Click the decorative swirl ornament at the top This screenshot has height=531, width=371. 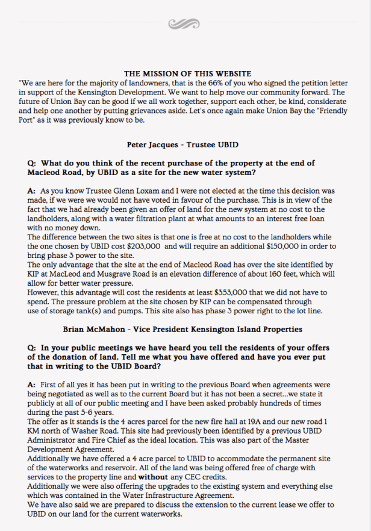pyautogui.click(x=185, y=23)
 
